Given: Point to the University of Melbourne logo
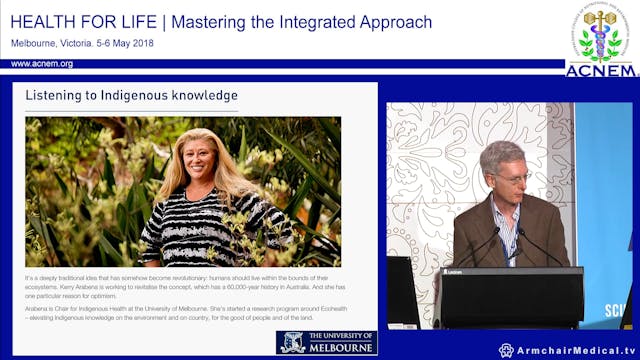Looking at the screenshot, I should (326, 342).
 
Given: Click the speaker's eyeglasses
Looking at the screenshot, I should (509, 177).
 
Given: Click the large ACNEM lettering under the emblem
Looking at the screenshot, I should (600, 70).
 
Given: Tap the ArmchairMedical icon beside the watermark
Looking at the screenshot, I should (506, 350).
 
